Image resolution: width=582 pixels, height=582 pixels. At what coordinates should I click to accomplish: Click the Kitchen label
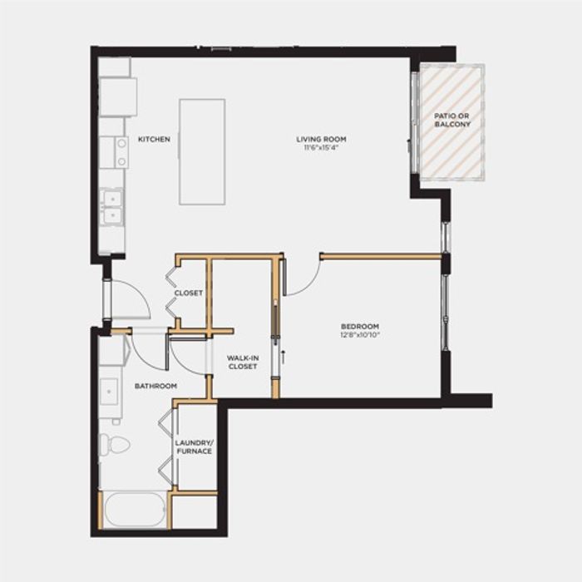pyautogui.click(x=154, y=139)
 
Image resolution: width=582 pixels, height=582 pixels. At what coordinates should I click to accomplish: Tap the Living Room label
pyautogui.click(x=321, y=139)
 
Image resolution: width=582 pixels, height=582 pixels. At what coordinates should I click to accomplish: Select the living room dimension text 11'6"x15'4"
pyautogui.click(x=321, y=147)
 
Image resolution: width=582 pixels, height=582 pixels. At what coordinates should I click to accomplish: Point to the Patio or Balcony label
pyautogui.click(x=452, y=121)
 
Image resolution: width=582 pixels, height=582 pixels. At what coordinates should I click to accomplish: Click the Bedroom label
pyautogui.click(x=360, y=327)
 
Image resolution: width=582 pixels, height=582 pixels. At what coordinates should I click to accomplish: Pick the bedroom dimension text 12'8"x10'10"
pyautogui.click(x=360, y=335)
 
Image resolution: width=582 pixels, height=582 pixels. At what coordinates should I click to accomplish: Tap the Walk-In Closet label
pyautogui.click(x=243, y=363)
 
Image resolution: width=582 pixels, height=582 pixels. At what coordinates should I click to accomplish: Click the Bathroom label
pyautogui.click(x=155, y=386)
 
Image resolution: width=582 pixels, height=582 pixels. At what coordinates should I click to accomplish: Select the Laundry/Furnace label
pyautogui.click(x=194, y=447)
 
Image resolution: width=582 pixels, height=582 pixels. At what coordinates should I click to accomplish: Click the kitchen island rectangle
pyautogui.click(x=202, y=152)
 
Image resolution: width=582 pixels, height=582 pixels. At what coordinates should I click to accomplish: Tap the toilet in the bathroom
pyautogui.click(x=115, y=445)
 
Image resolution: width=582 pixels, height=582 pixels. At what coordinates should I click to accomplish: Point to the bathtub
pyautogui.click(x=135, y=509)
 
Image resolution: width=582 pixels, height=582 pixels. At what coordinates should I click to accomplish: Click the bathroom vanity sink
pyautogui.click(x=109, y=392)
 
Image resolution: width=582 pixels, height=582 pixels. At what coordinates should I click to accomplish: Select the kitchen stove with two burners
pyautogui.click(x=121, y=152)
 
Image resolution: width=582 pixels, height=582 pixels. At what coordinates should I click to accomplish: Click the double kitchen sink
pyautogui.click(x=112, y=207)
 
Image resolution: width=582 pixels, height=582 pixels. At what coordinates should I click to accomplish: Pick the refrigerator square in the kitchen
pyautogui.click(x=118, y=97)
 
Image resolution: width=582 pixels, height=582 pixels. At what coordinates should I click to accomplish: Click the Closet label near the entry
pyautogui.click(x=189, y=293)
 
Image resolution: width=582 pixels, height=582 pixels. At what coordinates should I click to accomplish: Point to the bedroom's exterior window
pyautogui.click(x=446, y=312)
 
